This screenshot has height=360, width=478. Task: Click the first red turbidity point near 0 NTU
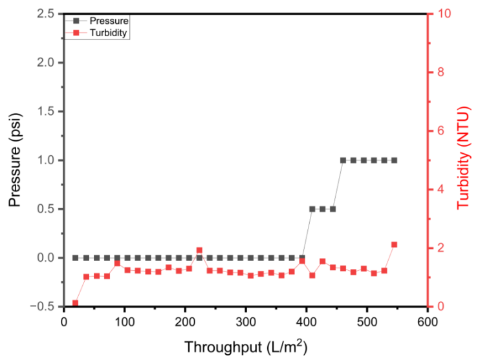click(x=76, y=303)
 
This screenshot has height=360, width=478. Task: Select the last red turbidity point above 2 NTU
click(x=394, y=244)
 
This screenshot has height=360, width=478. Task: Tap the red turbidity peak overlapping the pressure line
click(x=199, y=250)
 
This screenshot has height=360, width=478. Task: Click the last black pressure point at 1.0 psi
click(x=394, y=160)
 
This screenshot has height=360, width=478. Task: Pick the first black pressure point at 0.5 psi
click(x=312, y=209)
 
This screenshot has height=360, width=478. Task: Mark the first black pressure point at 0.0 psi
click(x=76, y=258)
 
